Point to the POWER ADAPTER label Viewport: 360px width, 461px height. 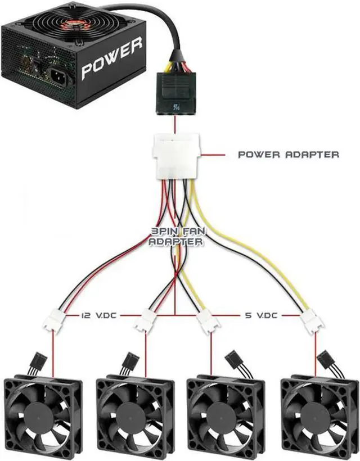tap(289, 153)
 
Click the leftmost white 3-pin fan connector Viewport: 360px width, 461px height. tap(55, 322)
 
